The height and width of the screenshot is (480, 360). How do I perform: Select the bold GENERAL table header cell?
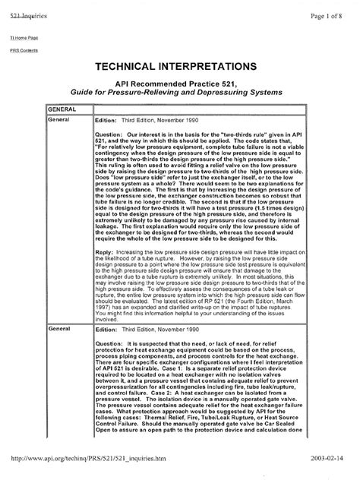point(62,110)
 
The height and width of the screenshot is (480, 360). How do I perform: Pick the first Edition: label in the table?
point(106,121)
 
